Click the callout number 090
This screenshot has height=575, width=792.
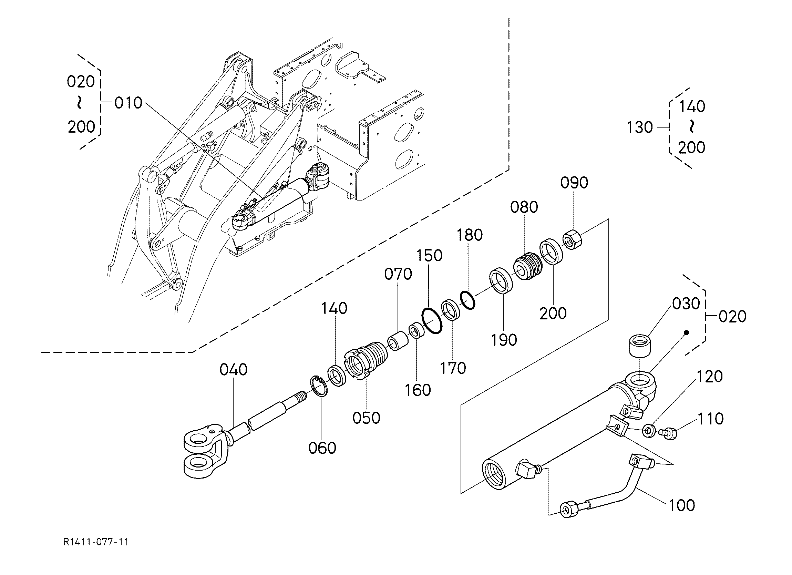click(574, 183)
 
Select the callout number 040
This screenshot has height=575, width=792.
click(233, 370)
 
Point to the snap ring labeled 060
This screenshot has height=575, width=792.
click(318, 386)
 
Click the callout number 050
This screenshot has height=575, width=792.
click(366, 418)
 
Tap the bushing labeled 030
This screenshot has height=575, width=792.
click(640, 347)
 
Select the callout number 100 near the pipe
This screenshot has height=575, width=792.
click(682, 505)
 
